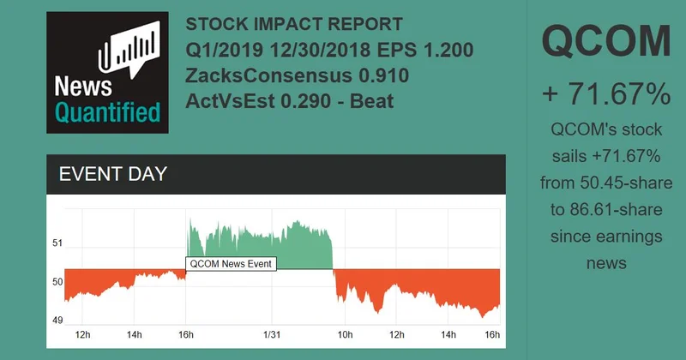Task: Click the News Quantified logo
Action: click(x=108, y=72)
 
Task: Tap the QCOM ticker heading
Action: click(x=606, y=42)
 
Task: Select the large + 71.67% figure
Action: click(x=606, y=94)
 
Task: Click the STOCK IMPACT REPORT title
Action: click(x=294, y=25)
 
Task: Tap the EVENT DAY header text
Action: click(x=112, y=174)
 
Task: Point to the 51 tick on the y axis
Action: click(x=57, y=243)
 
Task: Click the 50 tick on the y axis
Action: click(x=57, y=282)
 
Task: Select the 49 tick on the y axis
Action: click(x=57, y=321)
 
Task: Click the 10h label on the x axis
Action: click(x=344, y=334)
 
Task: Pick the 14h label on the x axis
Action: click(x=134, y=334)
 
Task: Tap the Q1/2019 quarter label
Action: click(x=221, y=50)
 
